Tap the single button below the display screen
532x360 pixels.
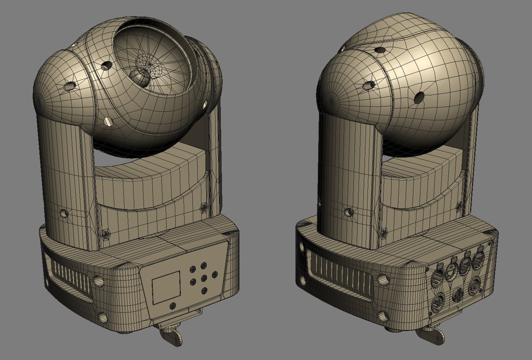point(172,305)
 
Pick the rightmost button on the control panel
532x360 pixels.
point(214,274)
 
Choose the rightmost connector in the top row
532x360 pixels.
point(480,255)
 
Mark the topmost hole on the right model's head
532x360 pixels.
point(380,50)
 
